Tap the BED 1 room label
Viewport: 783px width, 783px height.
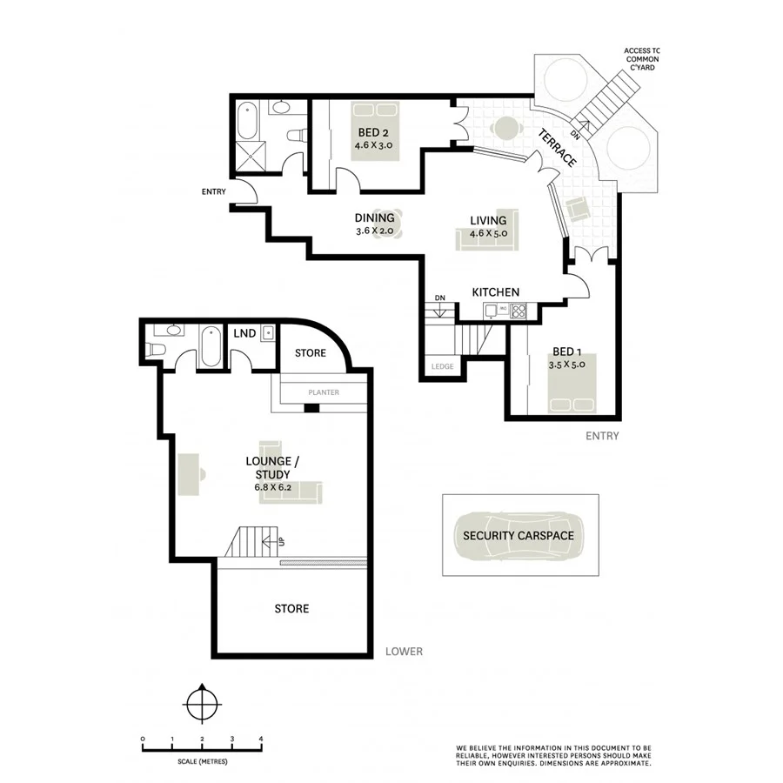566,352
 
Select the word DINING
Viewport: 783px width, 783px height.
374,218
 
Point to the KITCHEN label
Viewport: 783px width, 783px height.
496,292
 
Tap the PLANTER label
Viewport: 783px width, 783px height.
323,392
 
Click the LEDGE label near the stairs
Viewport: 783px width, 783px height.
442,367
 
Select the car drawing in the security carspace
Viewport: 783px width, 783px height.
519,535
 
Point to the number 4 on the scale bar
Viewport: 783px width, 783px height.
261,739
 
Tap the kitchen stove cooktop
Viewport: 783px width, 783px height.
518,310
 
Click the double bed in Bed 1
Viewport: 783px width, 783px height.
570,402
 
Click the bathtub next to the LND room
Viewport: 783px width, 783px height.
210,347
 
